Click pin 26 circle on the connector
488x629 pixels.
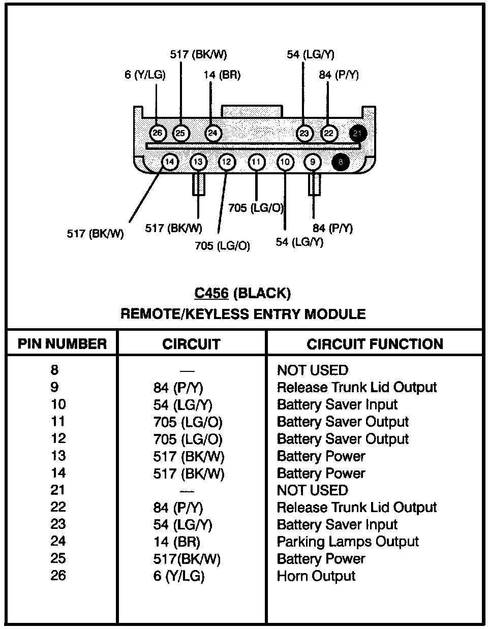[x=157, y=133]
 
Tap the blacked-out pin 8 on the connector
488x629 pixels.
[x=341, y=162]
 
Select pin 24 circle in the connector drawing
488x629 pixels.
[x=213, y=133]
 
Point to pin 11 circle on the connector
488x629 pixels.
[x=256, y=162]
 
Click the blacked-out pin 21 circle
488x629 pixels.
[x=358, y=134]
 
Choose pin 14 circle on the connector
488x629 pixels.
[x=169, y=162]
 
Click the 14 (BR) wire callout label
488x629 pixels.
[x=222, y=75]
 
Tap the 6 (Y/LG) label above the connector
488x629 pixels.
[x=145, y=75]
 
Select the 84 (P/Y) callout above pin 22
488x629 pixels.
[x=339, y=75]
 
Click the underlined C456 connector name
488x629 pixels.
[x=211, y=293]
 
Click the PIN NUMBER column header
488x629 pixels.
[x=62, y=343]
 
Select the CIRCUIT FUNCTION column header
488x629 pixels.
[x=375, y=344]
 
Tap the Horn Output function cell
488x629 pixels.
[x=316, y=576]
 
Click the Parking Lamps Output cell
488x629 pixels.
[x=348, y=542]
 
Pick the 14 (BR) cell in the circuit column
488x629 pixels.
[x=177, y=542]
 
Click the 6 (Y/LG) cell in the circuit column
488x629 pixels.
[x=179, y=576]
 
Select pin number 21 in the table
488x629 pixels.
[x=57, y=490]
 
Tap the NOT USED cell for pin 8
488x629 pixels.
[x=313, y=370]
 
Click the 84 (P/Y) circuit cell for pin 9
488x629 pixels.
[x=178, y=388]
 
